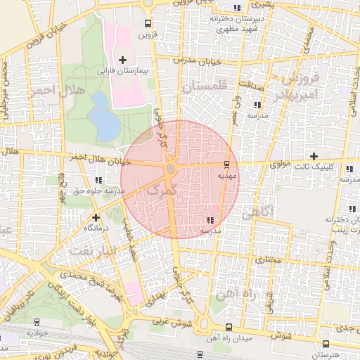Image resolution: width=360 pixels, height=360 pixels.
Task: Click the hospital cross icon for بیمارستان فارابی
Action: pos(124,60)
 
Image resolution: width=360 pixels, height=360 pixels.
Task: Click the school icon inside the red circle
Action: pos(212,219)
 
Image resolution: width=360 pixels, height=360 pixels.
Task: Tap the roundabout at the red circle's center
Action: pos(172,169)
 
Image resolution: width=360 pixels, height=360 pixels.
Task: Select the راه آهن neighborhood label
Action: pos(249,293)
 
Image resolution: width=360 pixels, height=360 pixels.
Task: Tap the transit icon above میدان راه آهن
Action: pos(229,328)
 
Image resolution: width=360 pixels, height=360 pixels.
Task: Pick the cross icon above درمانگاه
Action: pos(96,217)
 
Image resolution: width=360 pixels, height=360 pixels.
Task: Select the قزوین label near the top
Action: pos(146,34)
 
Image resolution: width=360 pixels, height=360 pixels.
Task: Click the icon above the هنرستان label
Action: pos(326,344)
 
